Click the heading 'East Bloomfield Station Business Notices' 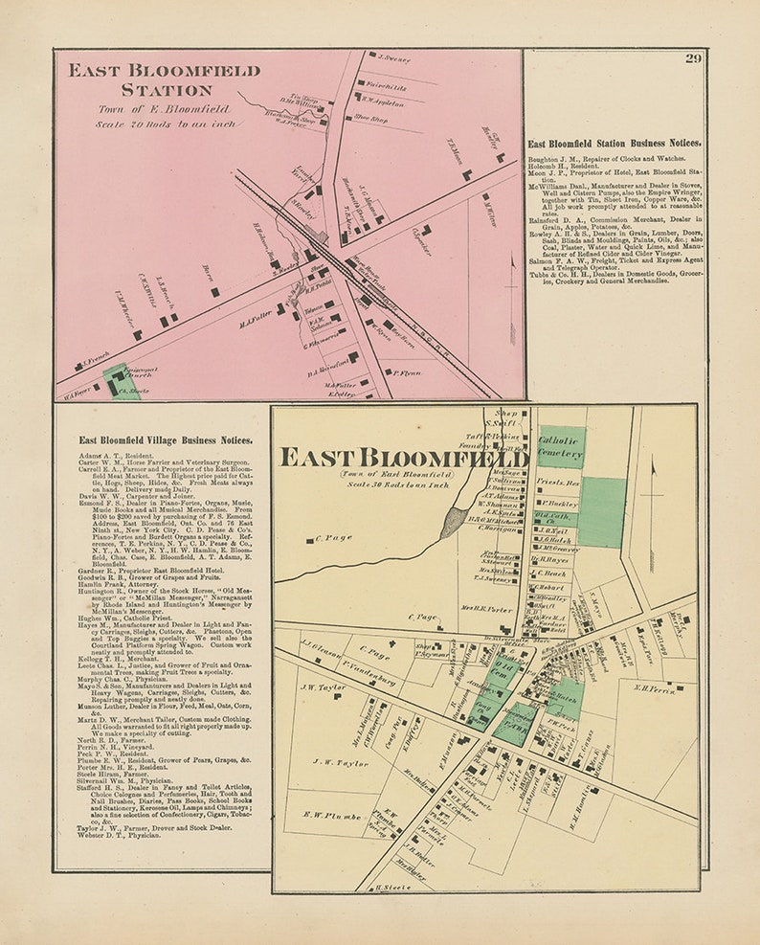click(614, 143)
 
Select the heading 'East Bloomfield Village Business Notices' click(166, 440)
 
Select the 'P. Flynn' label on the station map click(408, 372)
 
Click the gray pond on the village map click(457, 520)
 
